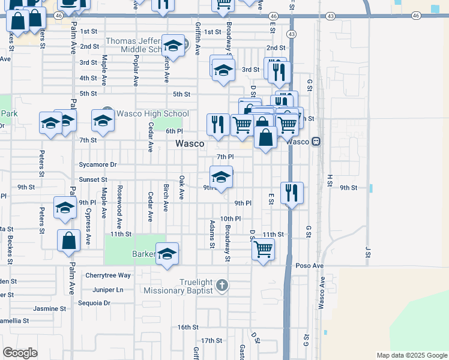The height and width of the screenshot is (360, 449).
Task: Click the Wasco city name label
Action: click(x=190, y=144)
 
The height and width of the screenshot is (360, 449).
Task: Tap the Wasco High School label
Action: click(x=152, y=113)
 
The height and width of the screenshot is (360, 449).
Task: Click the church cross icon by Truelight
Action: click(x=222, y=284)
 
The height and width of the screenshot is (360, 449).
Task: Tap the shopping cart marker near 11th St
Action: click(x=264, y=248)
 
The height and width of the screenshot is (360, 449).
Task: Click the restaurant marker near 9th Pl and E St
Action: click(x=292, y=193)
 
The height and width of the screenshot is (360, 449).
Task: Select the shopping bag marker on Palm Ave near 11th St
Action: click(x=69, y=241)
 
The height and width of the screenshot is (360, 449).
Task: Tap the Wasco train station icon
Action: click(x=316, y=142)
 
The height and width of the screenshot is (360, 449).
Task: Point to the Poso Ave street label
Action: click(x=309, y=265)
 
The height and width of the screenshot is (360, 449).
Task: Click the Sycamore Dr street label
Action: click(x=98, y=164)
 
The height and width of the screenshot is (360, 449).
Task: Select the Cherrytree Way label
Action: click(x=108, y=275)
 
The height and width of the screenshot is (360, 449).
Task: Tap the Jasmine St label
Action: click(x=50, y=308)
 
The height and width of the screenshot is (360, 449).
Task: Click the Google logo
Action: click(x=20, y=353)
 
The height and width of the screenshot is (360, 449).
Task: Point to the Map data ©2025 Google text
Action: click(x=411, y=355)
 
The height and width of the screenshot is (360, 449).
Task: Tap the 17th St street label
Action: click(x=212, y=340)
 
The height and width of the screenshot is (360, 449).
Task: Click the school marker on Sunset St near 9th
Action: click(x=221, y=176)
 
